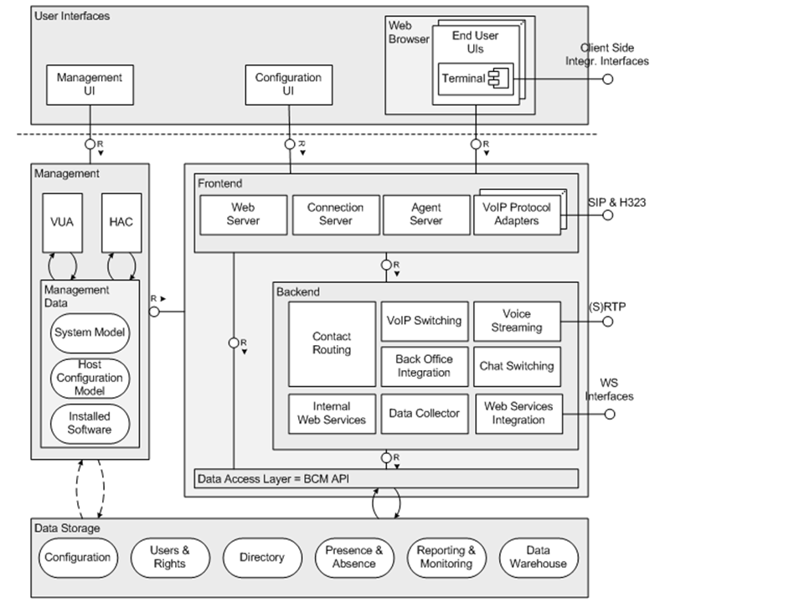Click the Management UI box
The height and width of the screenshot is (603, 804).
[x=89, y=84]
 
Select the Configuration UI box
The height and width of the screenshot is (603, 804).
[x=288, y=84]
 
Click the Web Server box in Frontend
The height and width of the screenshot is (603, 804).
[x=243, y=214]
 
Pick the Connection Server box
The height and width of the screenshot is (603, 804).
[x=335, y=214]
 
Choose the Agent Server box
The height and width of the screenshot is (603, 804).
[x=426, y=214]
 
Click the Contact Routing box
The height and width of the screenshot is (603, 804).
[x=332, y=343]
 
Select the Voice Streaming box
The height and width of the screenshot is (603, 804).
[x=517, y=321]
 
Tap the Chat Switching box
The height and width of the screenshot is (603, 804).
[x=517, y=366]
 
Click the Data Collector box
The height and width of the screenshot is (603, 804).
[x=425, y=413]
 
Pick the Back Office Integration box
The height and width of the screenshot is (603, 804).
[x=424, y=366]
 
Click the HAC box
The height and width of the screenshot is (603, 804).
[x=121, y=222]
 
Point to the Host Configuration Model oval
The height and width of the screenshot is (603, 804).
[x=90, y=378]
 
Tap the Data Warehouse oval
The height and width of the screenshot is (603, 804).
[x=538, y=558]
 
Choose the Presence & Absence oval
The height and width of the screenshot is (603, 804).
[x=354, y=558]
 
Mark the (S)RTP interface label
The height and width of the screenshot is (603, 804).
[x=606, y=307]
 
